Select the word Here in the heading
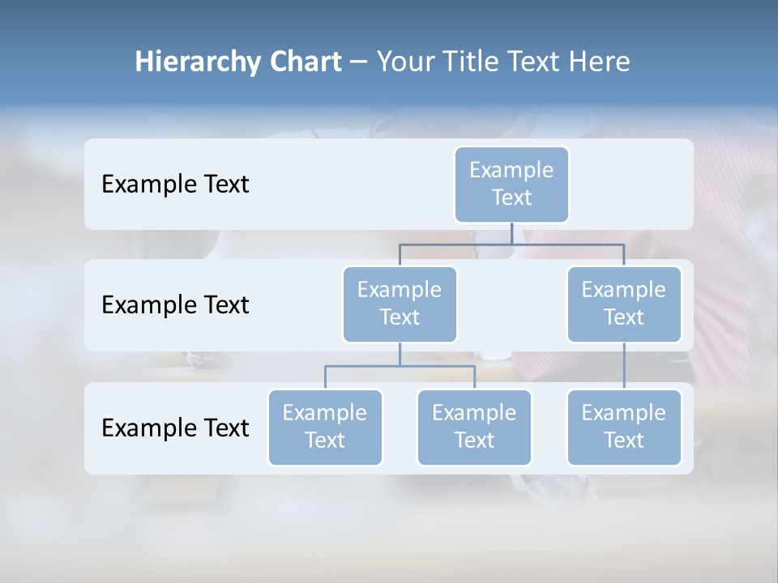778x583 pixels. [600, 62]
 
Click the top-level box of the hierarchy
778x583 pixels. [511, 184]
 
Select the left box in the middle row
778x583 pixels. [400, 304]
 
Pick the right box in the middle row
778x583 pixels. [624, 304]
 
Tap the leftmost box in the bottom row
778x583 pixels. [325, 427]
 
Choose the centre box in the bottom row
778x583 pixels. [474, 427]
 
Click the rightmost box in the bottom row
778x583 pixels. [624, 427]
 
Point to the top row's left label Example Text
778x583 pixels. [175, 185]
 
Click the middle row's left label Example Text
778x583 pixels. [175, 305]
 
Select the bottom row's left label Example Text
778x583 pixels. [175, 428]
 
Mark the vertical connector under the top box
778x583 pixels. [511, 233]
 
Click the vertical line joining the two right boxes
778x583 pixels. [624, 366]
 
